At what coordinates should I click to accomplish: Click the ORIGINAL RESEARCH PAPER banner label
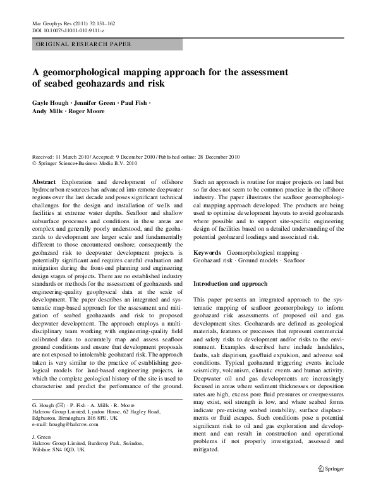[x=83, y=44]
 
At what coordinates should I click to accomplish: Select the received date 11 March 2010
[x=71, y=156]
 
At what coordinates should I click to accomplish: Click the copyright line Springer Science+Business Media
[x=93, y=163]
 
